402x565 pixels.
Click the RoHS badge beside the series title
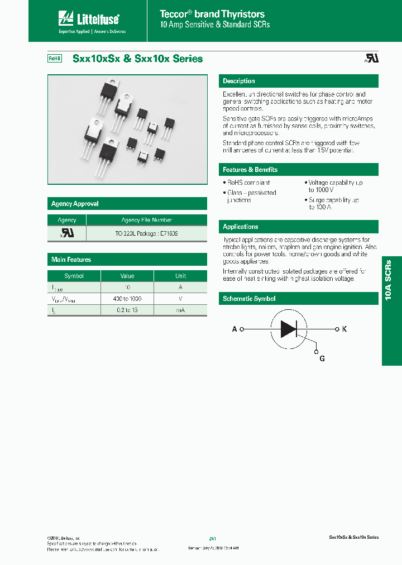(54, 59)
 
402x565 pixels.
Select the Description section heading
(238, 82)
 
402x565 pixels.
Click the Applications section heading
(240, 227)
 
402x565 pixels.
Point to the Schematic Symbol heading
(249, 299)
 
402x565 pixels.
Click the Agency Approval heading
(75, 204)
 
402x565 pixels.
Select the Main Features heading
(71, 260)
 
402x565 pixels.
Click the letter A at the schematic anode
(234, 329)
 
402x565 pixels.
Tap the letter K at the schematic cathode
(344, 329)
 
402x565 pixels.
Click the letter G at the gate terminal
(322, 359)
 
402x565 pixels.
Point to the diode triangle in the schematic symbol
(288, 329)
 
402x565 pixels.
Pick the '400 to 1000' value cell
(127, 299)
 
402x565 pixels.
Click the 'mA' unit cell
(180, 310)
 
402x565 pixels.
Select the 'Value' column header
(127, 276)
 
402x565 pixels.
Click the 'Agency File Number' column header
(146, 220)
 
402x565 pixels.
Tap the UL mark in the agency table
(67, 233)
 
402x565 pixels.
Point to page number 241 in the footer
(212, 538)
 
